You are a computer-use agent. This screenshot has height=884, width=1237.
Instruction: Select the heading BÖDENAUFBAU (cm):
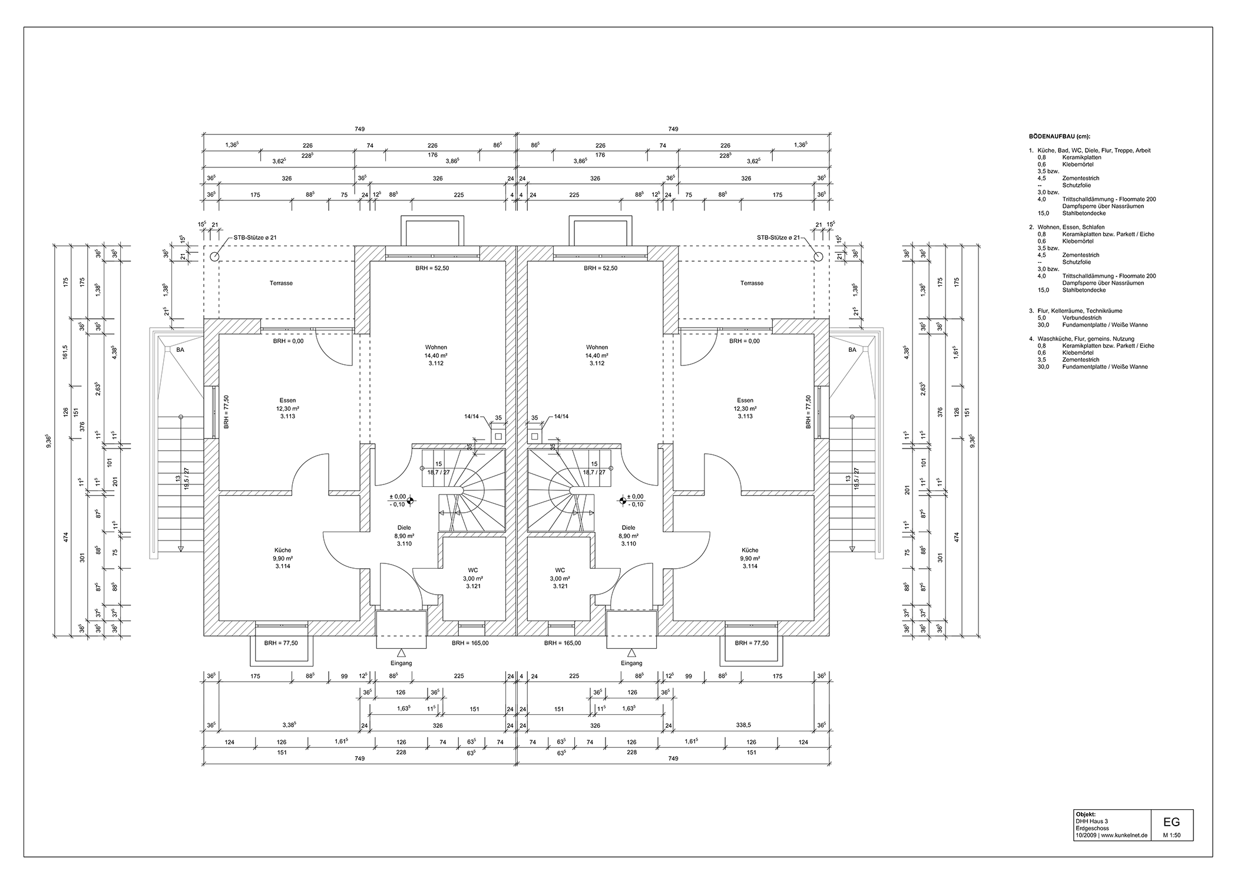click(x=1060, y=136)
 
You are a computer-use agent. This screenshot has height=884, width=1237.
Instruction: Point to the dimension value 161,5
click(x=66, y=352)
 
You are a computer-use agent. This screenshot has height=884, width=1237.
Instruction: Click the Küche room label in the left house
click(x=282, y=550)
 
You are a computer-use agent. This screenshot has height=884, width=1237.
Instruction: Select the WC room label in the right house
click(x=560, y=570)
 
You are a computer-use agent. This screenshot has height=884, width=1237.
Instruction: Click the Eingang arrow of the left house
click(x=401, y=652)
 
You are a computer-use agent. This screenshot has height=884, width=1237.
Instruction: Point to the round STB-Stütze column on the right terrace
click(x=818, y=256)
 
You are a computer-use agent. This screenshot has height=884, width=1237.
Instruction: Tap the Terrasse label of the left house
click(x=281, y=283)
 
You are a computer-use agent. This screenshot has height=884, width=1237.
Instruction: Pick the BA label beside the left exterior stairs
click(x=179, y=350)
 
